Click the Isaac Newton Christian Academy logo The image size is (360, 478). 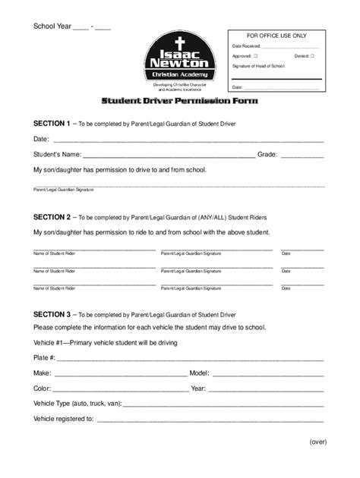[181, 61]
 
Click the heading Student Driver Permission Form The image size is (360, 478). [180, 101]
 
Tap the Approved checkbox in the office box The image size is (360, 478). [257, 55]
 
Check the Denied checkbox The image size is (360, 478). [311, 55]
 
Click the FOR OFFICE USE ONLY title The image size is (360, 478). [276, 36]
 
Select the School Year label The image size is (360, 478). [51, 27]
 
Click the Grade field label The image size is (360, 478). [267, 154]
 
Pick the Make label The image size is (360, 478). [42, 373]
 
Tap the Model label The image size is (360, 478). [199, 373]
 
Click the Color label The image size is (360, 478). [42, 388]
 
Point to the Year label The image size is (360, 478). [198, 388]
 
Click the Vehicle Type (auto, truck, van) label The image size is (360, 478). [77, 404]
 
